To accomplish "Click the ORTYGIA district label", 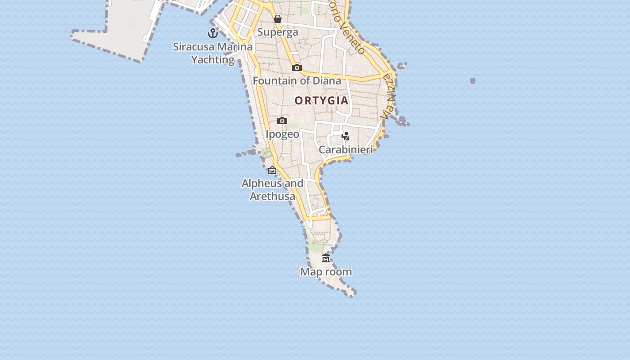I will [321, 100].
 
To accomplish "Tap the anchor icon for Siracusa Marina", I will [212, 33].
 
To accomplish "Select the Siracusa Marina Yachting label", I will [213, 53].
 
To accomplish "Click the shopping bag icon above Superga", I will [278, 19].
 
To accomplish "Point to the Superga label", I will [278, 32].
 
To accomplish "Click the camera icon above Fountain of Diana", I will [297, 67].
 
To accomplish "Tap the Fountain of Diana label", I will [297, 81].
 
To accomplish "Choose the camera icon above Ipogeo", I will [282, 121].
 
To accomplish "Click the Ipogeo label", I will [282, 134].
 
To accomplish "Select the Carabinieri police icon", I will [345, 136].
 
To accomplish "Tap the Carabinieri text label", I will [346, 149].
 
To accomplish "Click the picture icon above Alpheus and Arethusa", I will [272, 170].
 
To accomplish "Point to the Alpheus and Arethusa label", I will [272, 189].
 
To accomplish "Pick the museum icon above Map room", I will [326, 258].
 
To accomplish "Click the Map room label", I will [326, 272].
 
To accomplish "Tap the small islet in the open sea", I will [472, 81].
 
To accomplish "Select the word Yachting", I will [213, 59].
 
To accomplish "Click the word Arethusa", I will [272, 196].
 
